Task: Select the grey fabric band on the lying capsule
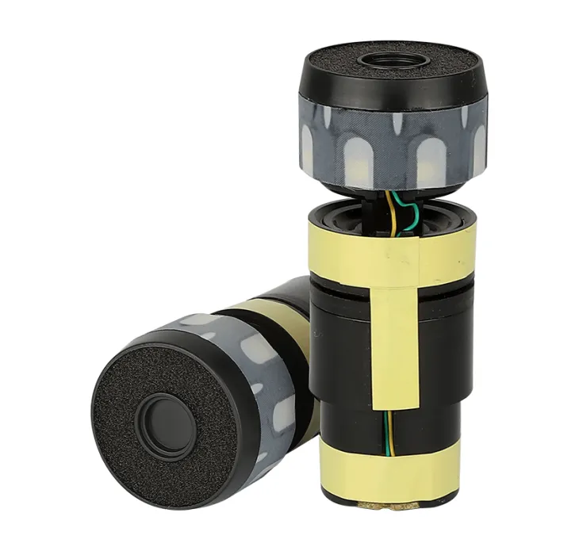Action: (262, 373)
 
